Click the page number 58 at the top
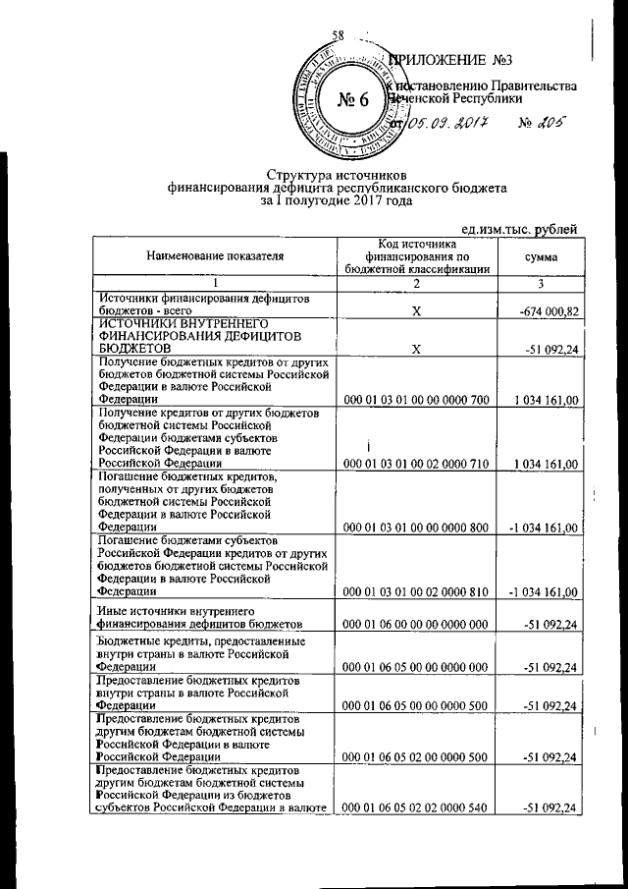point(339,36)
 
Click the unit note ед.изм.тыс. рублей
point(520,229)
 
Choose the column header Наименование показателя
point(215,257)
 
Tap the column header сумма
point(541,257)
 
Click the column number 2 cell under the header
point(416,284)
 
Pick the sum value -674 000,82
point(546,311)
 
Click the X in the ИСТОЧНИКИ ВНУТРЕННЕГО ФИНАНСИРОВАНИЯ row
point(416,349)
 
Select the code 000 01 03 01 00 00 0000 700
point(416,401)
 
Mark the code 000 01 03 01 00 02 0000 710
point(416,464)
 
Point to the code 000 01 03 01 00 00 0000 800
point(416,528)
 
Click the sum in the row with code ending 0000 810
point(543,591)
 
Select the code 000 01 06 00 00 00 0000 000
point(416,624)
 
